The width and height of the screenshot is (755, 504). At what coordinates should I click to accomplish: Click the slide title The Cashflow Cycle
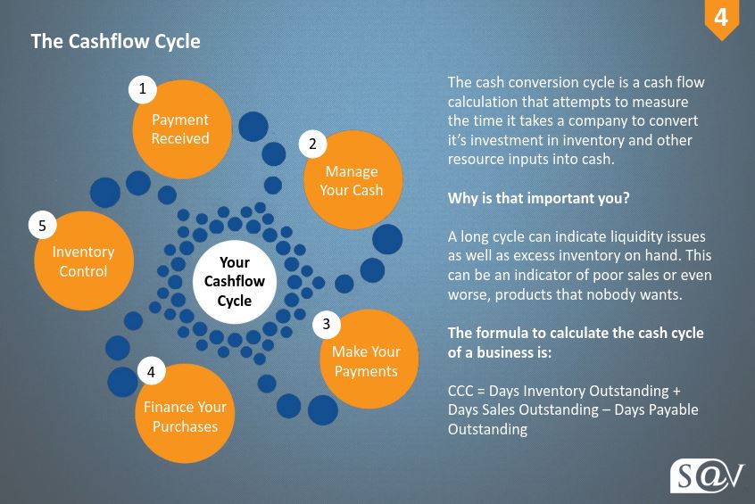[115, 42]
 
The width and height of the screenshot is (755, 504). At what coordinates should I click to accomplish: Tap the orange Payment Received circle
[182, 129]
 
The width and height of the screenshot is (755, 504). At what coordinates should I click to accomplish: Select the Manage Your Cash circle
[353, 180]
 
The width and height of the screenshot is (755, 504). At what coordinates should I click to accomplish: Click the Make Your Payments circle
[369, 359]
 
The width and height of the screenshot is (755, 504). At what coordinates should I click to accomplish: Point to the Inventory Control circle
[84, 260]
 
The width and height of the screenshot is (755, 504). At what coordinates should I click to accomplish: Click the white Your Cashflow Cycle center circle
[235, 282]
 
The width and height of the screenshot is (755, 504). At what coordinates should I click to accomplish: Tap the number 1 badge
[143, 89]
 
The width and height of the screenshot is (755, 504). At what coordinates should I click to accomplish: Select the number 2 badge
[313, 144]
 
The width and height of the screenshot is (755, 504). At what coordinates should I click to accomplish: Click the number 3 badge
[327, 324]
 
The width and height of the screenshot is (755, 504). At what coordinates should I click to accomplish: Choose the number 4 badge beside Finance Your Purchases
[151, 372]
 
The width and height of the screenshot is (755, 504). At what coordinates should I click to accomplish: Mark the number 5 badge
[42, 226]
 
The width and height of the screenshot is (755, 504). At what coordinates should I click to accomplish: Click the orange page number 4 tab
[721, 20]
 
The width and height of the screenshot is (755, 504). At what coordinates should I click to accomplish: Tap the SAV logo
[707, 476]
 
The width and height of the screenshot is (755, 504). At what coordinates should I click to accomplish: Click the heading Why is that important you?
[538, 198]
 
